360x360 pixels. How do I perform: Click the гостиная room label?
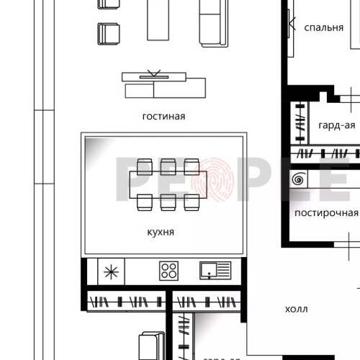click(x=163, y=116)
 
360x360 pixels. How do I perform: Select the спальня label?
click(x=323, y=27)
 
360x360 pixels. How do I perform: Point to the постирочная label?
click(x=325, y=212)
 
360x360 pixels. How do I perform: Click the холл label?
click(x=296, y=310)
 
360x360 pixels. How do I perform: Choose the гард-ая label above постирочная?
click(x=336, y=125)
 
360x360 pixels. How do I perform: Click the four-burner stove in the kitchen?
click(x=168, y=271)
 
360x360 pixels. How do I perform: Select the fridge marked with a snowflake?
click(x=111, y=272)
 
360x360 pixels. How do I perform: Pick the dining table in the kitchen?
click(x=168, y=184)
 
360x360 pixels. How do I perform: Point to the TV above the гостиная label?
click(x=156, y=76)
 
